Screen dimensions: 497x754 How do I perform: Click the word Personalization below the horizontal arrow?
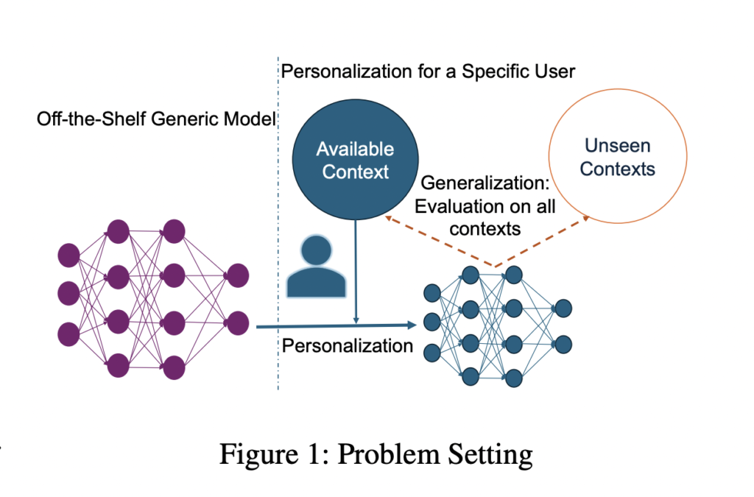tap(348, 345)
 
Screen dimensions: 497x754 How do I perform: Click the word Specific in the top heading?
tap(501, 71)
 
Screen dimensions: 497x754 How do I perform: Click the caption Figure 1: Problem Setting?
tap(376, 454)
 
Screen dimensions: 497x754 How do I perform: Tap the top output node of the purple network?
tap(238, 276)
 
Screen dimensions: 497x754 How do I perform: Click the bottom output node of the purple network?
tap(238, 322)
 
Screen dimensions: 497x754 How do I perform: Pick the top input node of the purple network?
tap(68, 255)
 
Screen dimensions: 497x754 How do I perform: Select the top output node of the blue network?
tap(563, 308)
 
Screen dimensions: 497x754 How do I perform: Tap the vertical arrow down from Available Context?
tap(356, 272)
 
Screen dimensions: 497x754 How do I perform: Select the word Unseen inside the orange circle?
tap(617, 146)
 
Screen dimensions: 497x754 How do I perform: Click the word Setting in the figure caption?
tap(489, 454)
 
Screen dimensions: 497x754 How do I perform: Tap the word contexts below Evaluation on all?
tap(485, 228)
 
